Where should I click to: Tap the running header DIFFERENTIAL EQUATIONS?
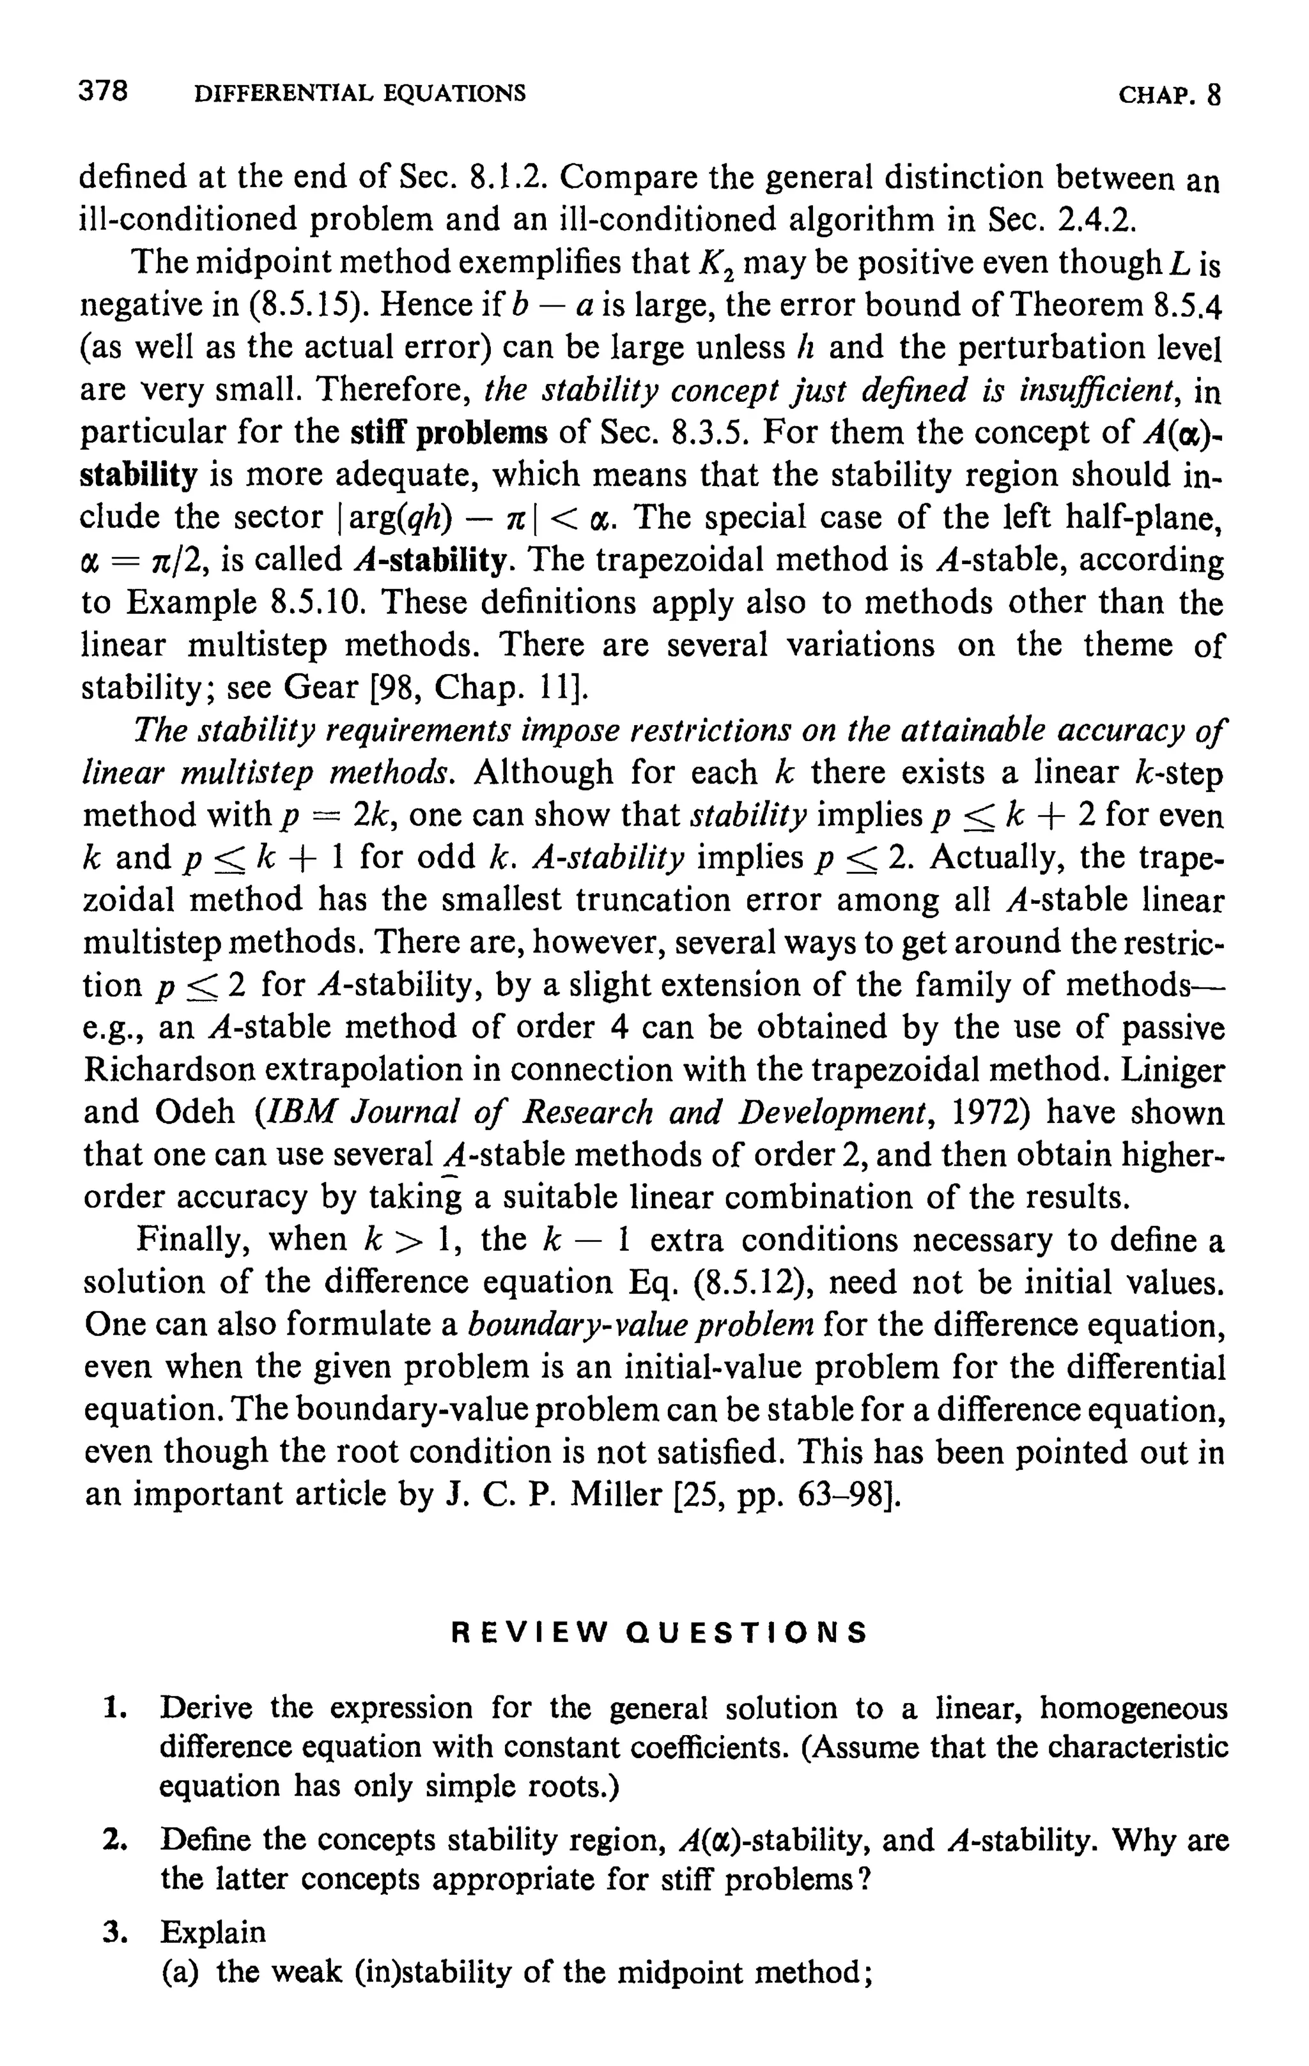(360, 93)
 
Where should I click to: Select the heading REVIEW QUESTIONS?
(659, 1632)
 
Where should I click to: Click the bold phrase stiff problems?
(450, 432)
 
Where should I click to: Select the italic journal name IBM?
(296, 1112)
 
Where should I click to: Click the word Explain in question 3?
(213, 1932)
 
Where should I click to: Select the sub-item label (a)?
(180, 1973)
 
